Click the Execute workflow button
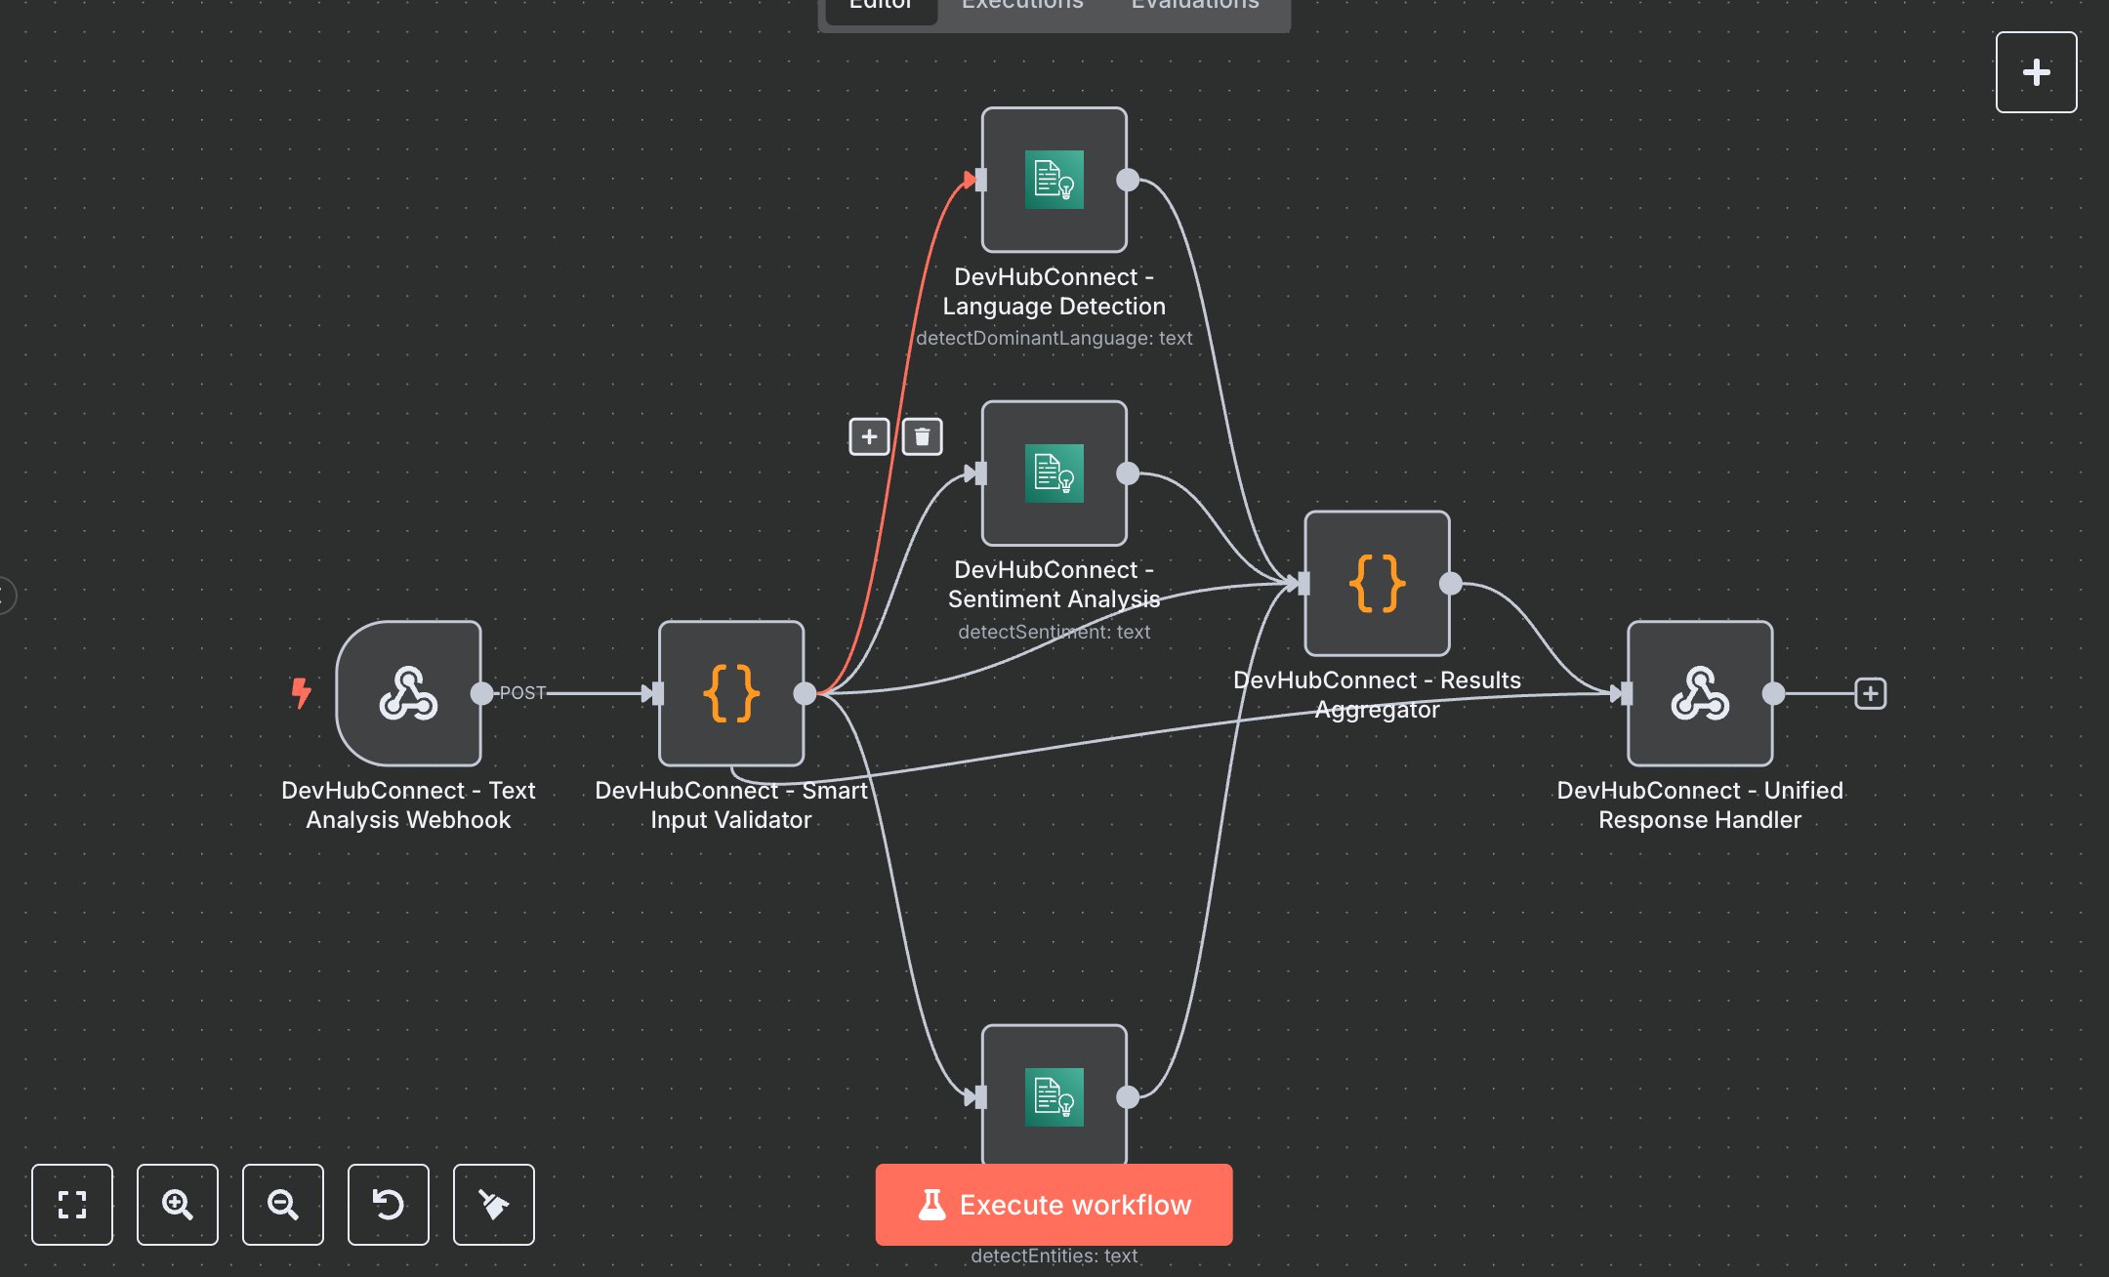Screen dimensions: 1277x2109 pyautogui.click(x=1054, y=1204)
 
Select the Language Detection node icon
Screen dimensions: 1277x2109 pyautogui.click(x=1054, y=180)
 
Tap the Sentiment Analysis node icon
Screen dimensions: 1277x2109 pyautogui.click(x=1054, y=474)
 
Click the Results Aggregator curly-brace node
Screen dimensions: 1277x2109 pyautogui.click(x=1377, y=584)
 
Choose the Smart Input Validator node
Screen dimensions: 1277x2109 pyautogui.click(x=731, y=693)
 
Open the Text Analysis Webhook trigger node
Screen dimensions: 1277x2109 pyautogui.click(x=408, y=693)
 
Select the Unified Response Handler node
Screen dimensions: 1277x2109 pyautogui.click(x=1700, y=693)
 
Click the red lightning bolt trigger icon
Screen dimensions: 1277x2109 pyautogui.click(x=302, y=693)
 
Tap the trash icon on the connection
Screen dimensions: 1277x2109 pyautogui.click(x=922, y=436)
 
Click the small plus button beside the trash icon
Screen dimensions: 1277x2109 pyautogui.click(x=869, y=436)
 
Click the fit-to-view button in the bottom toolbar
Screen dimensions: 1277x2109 pyautogui.click(x=72, y=1204)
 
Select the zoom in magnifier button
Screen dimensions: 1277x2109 pyautogui.click(x=178, y=1204)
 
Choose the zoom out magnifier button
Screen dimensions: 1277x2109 pyautogui.click(x=283, y=1204)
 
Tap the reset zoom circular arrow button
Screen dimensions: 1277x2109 pyautogui.click(x=389, y=1204)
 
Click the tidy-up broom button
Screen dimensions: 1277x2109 pyautogui.click(x=494, y=1204)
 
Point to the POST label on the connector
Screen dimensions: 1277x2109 pyautogui.click(x=522, y=693)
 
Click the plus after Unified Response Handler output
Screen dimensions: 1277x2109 pyautogui.click(x=1870, y=693)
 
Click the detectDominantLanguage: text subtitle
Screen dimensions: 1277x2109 pyautogui.click(x=1054, y=338)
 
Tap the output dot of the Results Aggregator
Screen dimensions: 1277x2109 pyautogui.click(x=1451, y=584)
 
